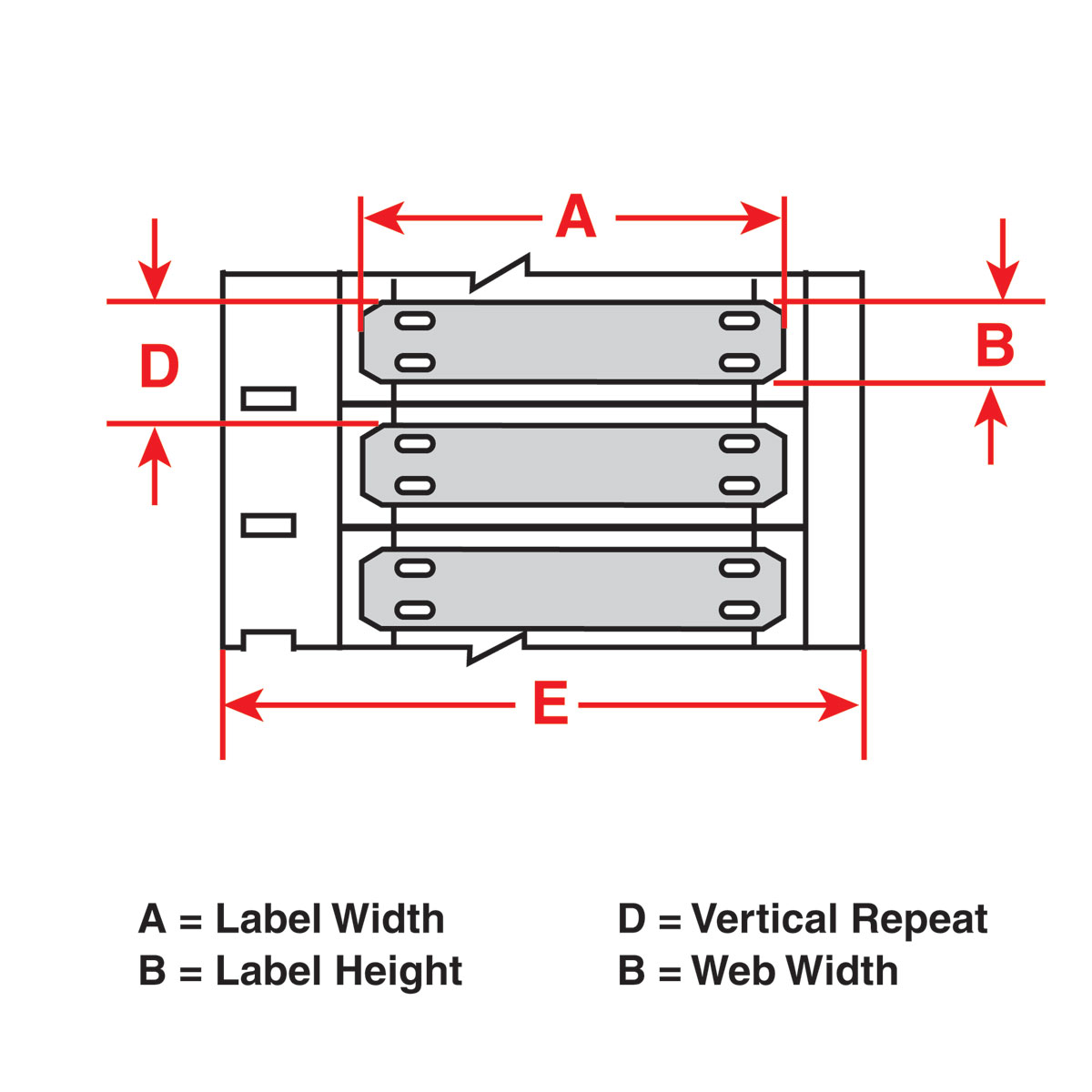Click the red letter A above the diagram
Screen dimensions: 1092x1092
576,218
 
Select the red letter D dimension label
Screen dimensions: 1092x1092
159,368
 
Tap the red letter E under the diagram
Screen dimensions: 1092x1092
551,705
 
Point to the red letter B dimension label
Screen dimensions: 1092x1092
995,347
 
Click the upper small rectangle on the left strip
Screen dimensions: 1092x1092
268,399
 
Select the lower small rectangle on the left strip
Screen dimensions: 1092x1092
268,525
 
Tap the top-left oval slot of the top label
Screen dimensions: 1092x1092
415,320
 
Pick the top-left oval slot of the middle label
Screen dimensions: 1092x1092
415,444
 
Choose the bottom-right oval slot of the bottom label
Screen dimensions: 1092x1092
739,609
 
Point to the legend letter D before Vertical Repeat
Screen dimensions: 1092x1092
632,919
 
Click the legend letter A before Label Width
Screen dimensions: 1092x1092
152,919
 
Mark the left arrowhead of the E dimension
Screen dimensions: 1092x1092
242,705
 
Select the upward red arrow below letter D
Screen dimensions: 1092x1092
155,450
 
